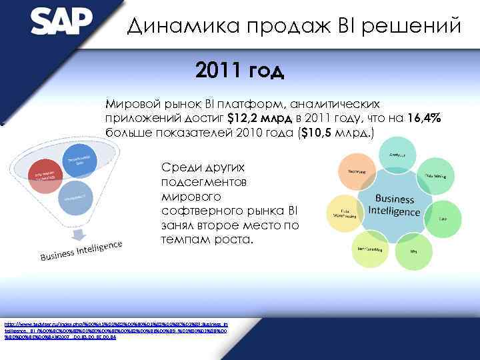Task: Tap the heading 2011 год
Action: pos(240,70)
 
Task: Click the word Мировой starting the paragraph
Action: pos(129,104)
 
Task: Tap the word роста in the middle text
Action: pos(233,239)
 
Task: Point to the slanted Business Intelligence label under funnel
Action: pos(82,251)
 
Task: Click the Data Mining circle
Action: pos(435,175)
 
